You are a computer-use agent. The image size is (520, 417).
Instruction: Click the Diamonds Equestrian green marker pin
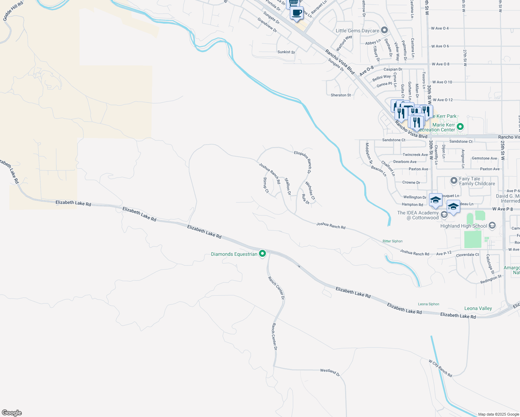[262, 254]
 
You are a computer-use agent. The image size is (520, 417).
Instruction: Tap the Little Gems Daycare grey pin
[384, 30]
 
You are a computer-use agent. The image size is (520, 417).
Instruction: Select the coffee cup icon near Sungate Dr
[296, 13]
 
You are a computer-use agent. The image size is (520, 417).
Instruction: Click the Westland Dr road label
[330, 372]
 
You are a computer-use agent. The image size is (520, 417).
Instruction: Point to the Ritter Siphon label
[392, 241]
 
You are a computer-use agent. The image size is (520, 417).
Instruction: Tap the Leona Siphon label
[429, 304]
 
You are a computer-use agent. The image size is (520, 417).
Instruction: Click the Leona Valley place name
[478, 308]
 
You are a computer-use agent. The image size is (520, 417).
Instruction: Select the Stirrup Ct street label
[266, 185]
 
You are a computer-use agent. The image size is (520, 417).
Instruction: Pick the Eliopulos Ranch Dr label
[303, 162]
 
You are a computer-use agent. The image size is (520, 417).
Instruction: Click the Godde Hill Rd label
[13, 11]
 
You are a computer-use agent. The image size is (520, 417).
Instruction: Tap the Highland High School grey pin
[492, 226]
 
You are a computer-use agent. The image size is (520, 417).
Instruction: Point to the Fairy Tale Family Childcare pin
[454, 181]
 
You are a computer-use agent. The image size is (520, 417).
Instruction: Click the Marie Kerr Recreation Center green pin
[460, 127]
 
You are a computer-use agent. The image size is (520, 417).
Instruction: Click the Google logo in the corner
[12, 412]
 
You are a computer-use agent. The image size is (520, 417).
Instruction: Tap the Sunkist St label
[286, 52]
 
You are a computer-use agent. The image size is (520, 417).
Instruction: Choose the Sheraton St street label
[341, 95]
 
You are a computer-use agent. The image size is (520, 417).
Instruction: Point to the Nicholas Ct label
[310, 190]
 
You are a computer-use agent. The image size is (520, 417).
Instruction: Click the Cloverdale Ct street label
[467, 255]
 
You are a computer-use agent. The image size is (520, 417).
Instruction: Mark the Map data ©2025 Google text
[498, 414]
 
